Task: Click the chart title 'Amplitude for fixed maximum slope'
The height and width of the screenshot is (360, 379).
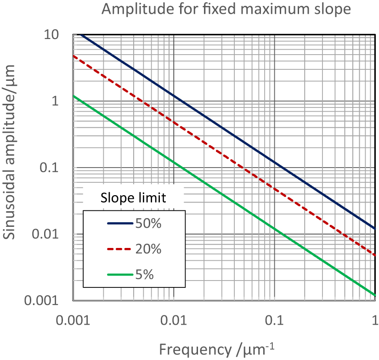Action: coord(221,9)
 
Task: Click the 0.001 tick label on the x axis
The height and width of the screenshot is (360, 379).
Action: coord(73,319)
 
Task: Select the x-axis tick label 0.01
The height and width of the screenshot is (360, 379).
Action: coord(174,319)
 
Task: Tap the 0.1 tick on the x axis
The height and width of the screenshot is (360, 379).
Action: coord(275,319)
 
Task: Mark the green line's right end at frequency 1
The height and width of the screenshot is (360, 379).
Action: coord(375,294)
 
